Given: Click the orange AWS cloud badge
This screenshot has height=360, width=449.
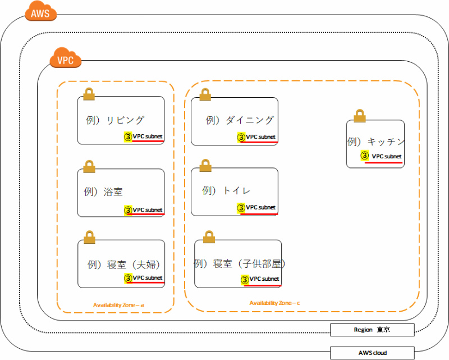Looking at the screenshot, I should [41, 12].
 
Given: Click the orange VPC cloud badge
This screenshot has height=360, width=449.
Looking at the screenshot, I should [66, 58].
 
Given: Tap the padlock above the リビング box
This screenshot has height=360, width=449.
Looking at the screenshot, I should [89, 94].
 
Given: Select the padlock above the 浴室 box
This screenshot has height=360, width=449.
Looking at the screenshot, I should [89, 166].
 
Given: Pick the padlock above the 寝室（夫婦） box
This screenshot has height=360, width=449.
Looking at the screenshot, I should [89, 236].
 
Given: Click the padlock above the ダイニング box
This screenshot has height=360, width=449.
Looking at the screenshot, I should [205, 94].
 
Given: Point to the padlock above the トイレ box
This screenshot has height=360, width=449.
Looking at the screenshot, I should [205, 165].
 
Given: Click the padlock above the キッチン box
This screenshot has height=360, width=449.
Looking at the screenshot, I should [360, 115].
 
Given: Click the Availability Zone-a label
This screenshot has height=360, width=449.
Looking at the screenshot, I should [119, 305].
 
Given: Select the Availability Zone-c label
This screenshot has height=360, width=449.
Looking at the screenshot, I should [275, 303].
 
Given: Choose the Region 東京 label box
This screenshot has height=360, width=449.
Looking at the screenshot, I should [372, 330].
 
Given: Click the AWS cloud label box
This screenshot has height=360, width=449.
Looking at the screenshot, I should [372, 353].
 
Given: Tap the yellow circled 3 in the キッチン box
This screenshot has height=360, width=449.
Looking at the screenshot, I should [364, 156].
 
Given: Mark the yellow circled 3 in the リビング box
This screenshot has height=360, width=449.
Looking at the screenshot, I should [128, 136].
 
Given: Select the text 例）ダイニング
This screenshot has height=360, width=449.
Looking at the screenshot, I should [240, 120].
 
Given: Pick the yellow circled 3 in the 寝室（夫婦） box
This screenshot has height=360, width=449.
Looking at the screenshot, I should [128, 278].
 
